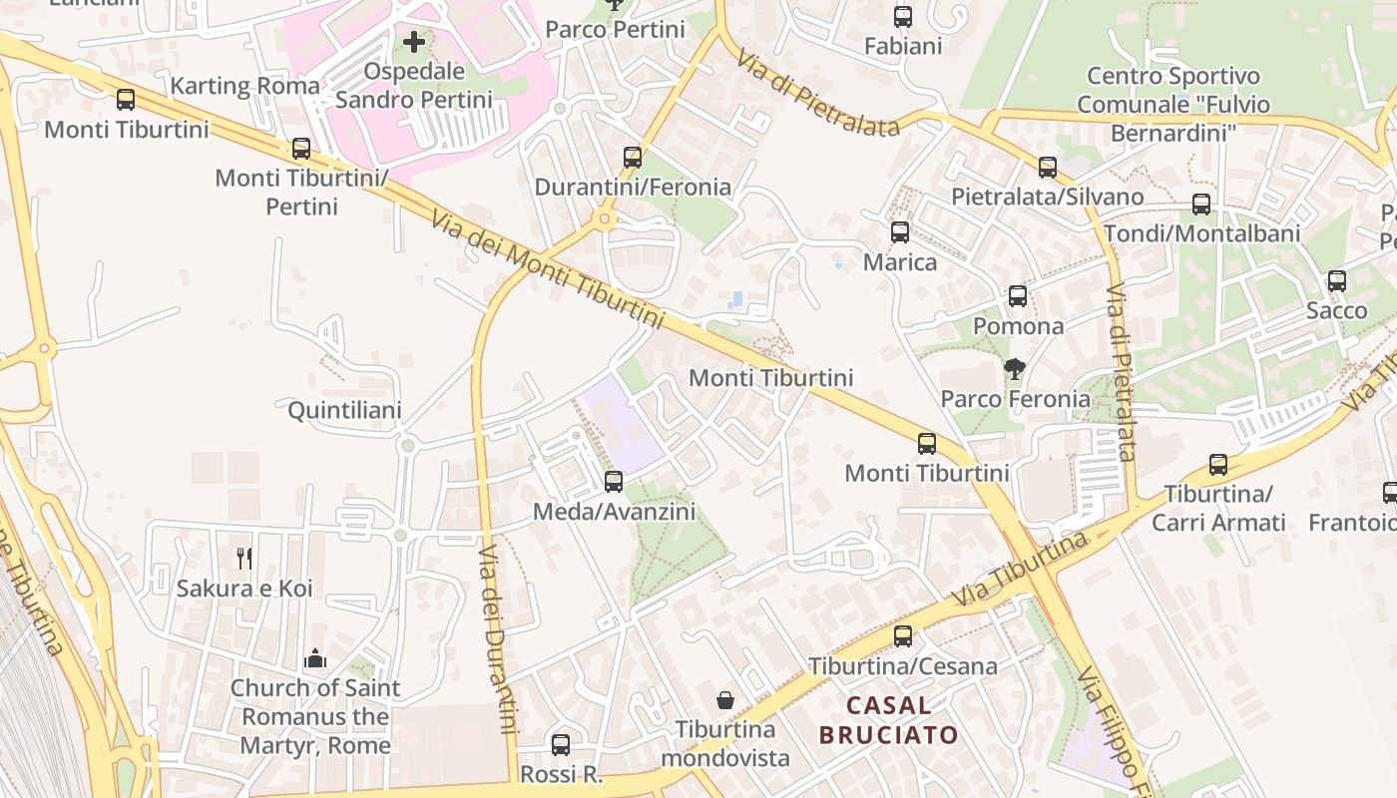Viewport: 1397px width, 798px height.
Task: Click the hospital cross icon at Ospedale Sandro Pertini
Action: (414, 43)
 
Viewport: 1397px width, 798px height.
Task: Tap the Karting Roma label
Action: (244, 86)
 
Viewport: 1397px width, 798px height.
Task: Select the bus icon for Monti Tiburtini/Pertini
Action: (301, 150)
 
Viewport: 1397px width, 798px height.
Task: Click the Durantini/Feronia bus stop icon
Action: (633, 158)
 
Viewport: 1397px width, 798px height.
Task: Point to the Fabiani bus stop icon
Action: (903, 17)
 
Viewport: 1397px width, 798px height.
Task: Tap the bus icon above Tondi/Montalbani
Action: (1201, 204)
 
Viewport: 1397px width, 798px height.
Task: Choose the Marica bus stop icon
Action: (900, 232)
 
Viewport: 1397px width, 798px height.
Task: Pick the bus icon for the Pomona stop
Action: (1018, 296)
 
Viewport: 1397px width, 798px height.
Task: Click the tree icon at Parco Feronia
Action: (1015, 369)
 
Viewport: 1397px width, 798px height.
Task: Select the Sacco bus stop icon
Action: (1337, 281)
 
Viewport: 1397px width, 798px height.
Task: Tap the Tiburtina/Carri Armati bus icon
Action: (1218, 465)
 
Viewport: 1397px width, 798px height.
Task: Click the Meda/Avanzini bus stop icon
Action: (614, 482)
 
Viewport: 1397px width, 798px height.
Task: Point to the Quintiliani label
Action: (344, 411)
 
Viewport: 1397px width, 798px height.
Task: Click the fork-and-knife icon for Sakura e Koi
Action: (244, 559)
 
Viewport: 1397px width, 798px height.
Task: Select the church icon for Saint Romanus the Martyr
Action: (315, 658)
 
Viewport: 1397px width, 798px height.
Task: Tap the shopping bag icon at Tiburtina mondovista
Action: (725, 700)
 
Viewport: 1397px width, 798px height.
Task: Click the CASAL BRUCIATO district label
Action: (888, 720)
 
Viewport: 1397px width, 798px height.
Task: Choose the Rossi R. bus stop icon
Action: (561, 745)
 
